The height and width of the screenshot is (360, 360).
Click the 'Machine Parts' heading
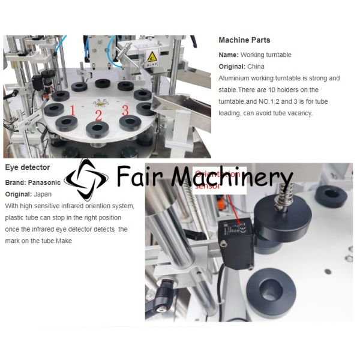[244, 40]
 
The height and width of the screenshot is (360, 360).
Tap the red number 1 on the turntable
[73, 110]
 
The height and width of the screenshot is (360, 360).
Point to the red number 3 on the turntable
[125, 109]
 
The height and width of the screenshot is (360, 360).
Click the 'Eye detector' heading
[28, 167]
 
